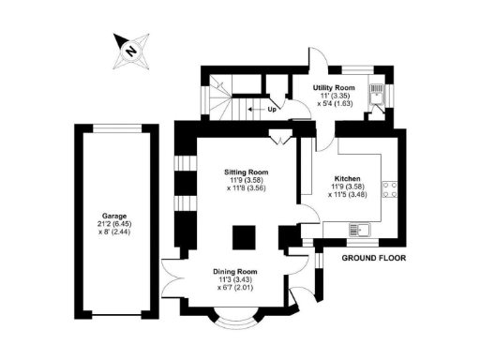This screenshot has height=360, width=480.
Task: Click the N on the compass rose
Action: [132, 51]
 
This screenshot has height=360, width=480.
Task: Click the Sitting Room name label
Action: [247, 172]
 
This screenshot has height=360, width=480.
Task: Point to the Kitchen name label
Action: [348, 177]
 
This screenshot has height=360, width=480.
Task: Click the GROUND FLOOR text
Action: [372, 257]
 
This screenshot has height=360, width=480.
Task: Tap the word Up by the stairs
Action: [273, 109]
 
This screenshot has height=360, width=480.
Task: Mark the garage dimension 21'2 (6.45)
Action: [113, 224]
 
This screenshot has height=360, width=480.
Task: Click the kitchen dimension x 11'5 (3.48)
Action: [348, 195]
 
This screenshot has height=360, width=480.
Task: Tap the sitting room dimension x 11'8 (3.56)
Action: [247, 188]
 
